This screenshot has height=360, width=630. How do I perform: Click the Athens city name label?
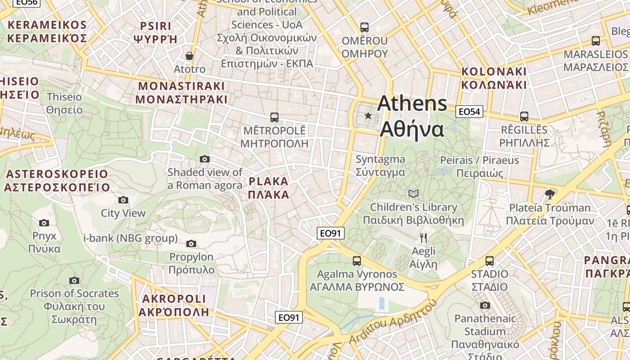point(412,116)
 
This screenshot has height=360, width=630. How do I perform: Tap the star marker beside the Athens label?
point(368,116)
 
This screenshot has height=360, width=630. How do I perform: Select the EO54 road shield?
point(469,112)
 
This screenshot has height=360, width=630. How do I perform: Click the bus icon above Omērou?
point(364,27)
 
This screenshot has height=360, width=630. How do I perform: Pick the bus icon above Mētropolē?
point(274,117)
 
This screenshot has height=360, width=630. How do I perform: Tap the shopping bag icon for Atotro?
point(189,56)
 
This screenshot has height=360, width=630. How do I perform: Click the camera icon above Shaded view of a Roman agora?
point(204,159)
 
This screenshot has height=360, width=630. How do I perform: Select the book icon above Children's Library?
point(413,193)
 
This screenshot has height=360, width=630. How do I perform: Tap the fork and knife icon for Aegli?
point(423,238)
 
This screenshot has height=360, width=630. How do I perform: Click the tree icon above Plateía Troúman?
point(549,194)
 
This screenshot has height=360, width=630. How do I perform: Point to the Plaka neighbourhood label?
point(268,188)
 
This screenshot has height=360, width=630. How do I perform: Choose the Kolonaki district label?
point(494,78)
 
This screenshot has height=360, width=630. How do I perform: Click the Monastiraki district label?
point(182,93)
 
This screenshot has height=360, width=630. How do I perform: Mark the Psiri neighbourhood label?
point(156,32)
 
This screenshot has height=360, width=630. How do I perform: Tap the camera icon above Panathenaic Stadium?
point(485,306)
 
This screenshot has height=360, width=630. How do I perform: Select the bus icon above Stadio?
point(489,261)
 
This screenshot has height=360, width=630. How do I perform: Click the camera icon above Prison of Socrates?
point(74,280)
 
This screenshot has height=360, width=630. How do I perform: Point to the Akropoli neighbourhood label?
point(174,305)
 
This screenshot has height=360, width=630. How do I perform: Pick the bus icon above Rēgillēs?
point(524,117)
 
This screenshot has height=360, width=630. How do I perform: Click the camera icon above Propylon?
point(191,244)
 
